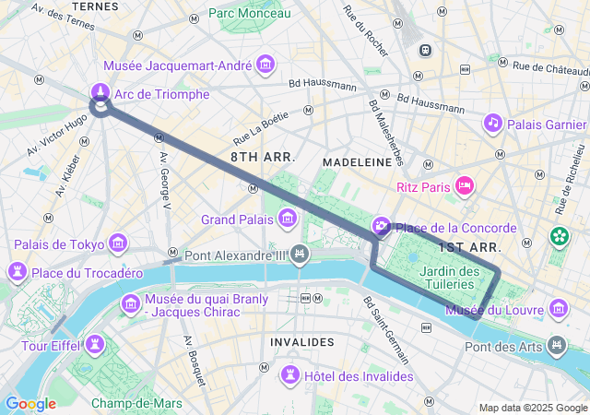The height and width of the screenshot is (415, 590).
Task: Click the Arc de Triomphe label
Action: [x=161, y=94]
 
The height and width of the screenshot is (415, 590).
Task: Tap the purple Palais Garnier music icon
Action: [x=493, y=123]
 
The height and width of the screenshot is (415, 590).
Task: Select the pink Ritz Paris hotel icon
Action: [x=466, y=186]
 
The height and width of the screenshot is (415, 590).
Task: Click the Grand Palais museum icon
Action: [x=288, y=219]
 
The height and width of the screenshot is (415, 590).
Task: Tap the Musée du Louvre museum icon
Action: [x=558, y=308]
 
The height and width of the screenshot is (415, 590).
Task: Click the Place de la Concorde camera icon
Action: [x=382, y=227]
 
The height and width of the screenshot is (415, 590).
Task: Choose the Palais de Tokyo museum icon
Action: [x=118, y=243]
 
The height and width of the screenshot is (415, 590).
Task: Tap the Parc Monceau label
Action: [x=249, y=13]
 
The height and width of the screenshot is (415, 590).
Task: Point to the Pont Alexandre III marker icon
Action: [x=299, y=255]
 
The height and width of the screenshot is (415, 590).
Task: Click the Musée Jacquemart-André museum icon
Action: [x=266, y=65]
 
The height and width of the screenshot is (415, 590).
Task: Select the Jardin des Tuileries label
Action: [x=449, y=278]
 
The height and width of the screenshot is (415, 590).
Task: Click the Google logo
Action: [x=30, y=404]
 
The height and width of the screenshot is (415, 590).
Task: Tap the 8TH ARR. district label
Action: [x=263, y=158]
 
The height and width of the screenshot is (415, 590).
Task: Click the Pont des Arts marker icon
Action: [x=556, y=346]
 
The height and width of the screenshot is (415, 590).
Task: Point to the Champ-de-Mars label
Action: [x=136, y=403]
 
